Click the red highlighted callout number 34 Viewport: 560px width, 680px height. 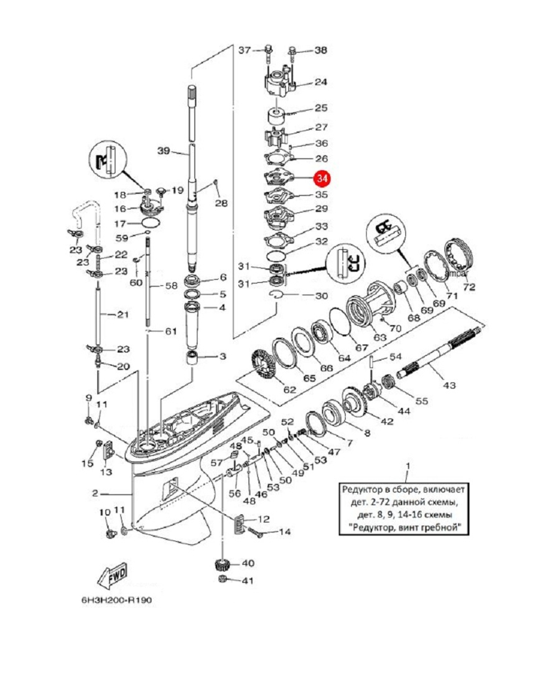pyautogui.click(x=322, y=179)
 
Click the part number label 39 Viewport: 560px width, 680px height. pyautogui.click(x=163, y=151)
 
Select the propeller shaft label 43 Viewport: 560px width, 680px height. pyautogui.click(x=449, y=385)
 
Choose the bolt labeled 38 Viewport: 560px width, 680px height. pyautogui.click(x=293, y=52)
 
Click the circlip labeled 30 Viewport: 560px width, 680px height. pyautogui.click(x=276, y=295)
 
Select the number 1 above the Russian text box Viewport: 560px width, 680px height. pyautogui.click(x=408, y=466)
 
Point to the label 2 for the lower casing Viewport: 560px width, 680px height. pyautogui.click(x=95, y=493)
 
